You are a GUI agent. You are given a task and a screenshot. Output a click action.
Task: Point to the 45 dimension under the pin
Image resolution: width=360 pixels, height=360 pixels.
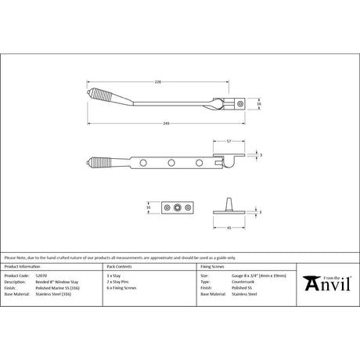[227, 229]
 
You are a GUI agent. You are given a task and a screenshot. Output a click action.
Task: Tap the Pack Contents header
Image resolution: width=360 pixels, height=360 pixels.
[119, 268]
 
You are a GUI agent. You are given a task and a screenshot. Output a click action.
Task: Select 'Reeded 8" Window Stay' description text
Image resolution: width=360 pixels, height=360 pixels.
[59, 283]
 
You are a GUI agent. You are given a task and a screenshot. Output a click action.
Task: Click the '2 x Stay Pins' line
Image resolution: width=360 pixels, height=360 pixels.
[118, 283]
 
